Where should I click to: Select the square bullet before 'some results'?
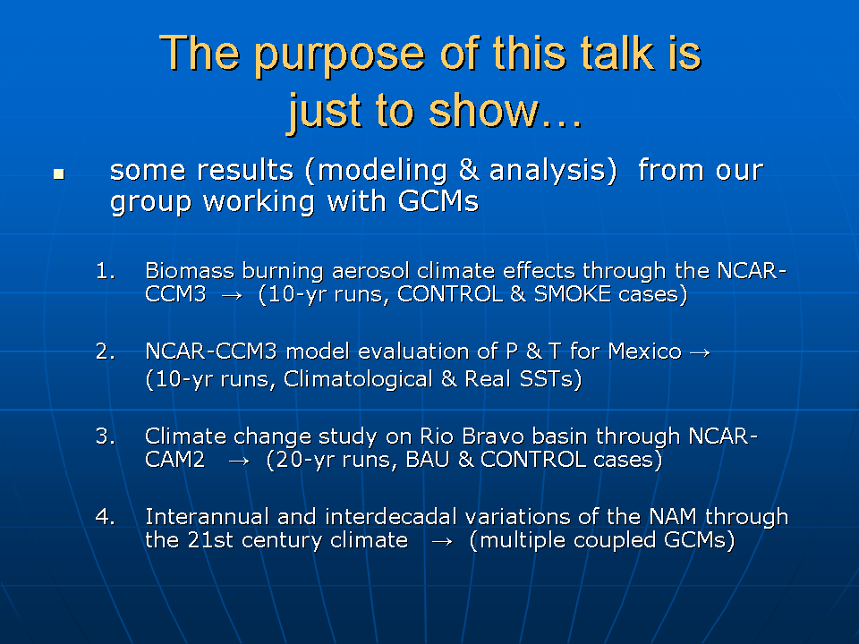pyautogui.click(x=59, y=174)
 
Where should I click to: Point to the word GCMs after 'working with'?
pyautogui.click(x=438, y=201)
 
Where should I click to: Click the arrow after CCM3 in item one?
pyautogui.click(x=232, y=296)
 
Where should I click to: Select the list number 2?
pyautogui.click(x=106, y=351)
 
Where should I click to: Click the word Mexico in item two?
pyautogui.click(x=645, y=351)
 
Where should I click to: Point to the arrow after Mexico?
pyautogui.click(x=700, y=352)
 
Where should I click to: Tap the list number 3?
pyautogui.click(x=106, y=436)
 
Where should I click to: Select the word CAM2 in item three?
pyautogui.click(x=174, y=459)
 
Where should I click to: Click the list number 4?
pyautogui.click(x=106, y=516)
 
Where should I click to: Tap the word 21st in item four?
pyautogui.click(x=210, y=540)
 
